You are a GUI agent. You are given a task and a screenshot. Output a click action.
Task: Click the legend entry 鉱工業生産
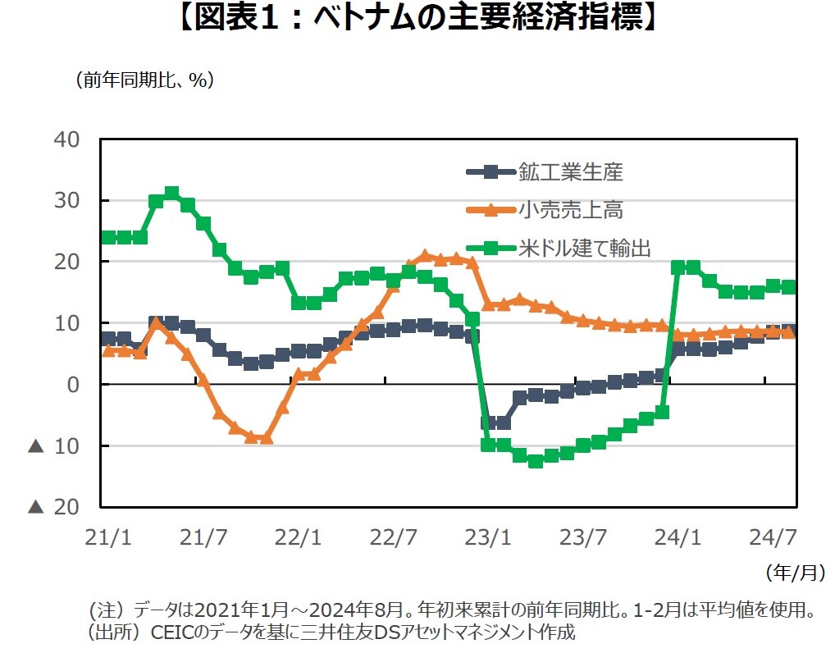pos(571,172)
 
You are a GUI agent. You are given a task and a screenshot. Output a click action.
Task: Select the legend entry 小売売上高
pos(571,210)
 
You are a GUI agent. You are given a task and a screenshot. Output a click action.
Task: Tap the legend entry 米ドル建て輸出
pos(584,248)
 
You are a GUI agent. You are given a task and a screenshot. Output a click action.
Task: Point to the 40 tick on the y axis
pos(68,139)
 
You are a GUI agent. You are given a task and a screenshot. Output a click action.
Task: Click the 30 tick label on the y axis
pos(68,201)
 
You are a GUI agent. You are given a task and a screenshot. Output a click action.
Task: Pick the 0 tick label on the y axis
pos(74,385)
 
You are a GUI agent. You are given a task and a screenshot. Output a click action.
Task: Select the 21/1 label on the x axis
pos(107,538)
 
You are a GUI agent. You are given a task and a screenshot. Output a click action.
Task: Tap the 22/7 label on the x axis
pos(393,538)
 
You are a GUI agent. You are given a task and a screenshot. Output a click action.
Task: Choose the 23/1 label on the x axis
pos(488,538)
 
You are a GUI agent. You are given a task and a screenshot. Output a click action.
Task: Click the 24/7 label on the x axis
pos(773,538)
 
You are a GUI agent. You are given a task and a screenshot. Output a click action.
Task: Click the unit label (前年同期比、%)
pos(144,80)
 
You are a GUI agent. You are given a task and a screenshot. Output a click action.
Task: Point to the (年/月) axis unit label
pos(794,572)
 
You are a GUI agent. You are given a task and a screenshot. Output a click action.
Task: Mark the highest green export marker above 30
pos(171,194)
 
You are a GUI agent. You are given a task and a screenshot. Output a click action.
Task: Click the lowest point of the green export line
pos(536,461)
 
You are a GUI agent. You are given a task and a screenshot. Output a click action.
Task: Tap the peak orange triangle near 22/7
pos(425,257)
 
